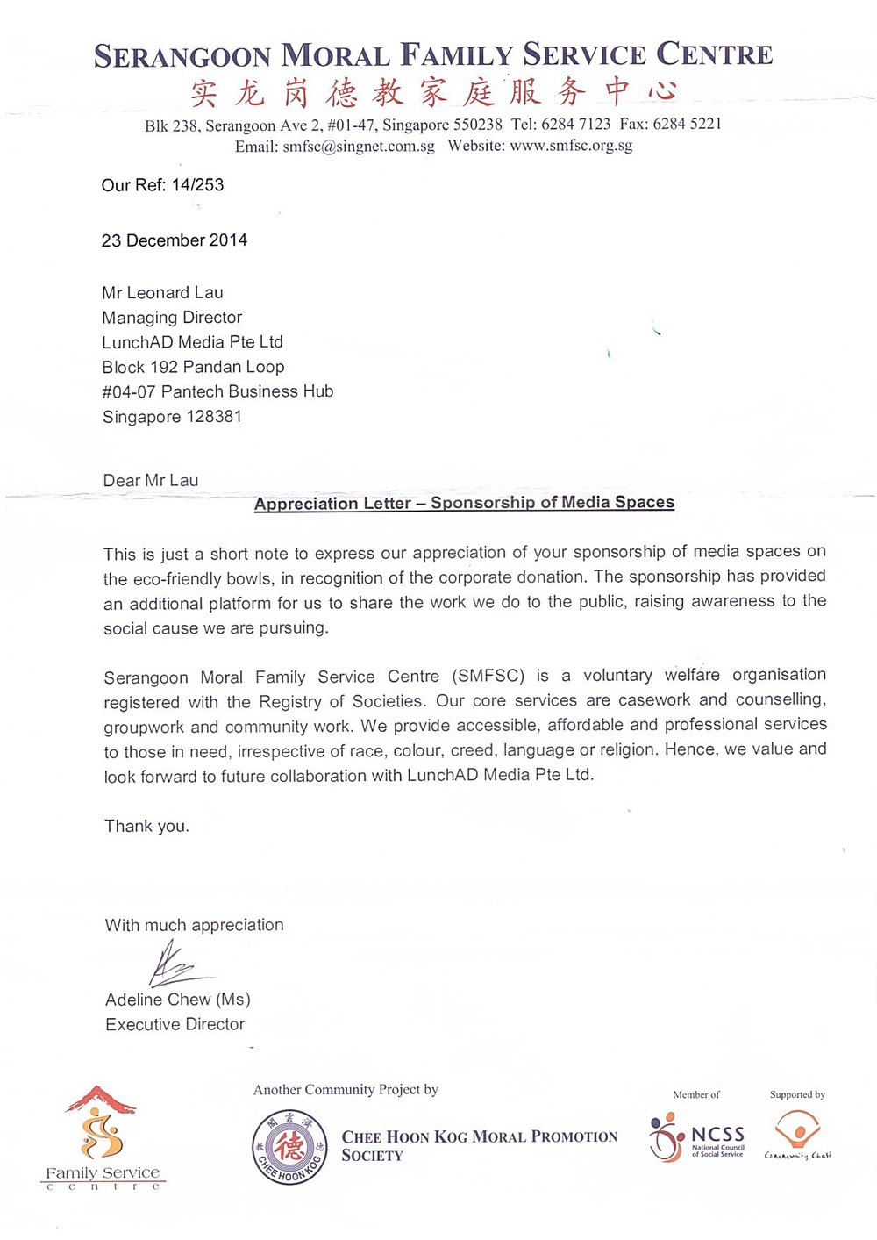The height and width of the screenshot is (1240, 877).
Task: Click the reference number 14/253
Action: [x=197, y=185]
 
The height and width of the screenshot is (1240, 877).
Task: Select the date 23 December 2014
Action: [x=175, y=240]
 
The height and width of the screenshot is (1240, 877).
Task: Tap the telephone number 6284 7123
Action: [x=575, y=125]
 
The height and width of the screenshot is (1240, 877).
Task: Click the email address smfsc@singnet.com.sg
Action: [x=358, y=147]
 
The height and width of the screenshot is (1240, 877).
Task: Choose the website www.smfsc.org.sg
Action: [x=571, y=146]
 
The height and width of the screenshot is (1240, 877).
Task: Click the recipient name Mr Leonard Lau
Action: [x=162, y=293]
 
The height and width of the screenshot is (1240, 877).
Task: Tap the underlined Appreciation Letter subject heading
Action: [x=464, y=503]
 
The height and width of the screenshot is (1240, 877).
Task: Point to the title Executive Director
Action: [x=175, y=1024]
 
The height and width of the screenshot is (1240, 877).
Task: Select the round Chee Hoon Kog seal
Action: [x=289, y=1147]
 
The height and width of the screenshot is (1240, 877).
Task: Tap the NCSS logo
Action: [x=698, y=1138]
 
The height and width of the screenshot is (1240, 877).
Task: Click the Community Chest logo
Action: [x=797, y=1135]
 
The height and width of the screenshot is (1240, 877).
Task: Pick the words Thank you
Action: [x=146, y=827]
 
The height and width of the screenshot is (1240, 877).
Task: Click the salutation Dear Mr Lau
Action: [x=151, y=481]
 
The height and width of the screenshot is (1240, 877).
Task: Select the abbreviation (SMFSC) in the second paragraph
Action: [x=488, y=677]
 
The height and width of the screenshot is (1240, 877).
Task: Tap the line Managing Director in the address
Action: [x=172, y=318]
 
